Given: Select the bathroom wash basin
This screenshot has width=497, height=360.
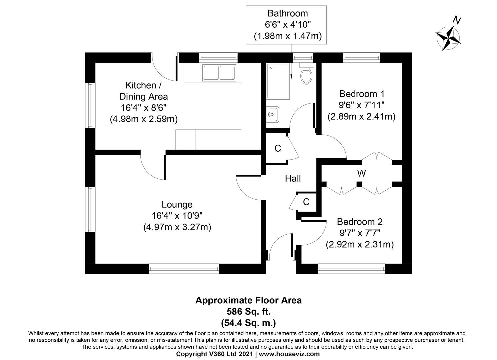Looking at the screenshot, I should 273,115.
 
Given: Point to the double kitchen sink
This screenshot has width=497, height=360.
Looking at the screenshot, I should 219,73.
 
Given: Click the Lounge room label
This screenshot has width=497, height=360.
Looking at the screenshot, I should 177,204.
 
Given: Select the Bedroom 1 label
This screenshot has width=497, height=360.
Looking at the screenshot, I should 361,93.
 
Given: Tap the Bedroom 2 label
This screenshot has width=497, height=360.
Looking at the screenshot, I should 359,222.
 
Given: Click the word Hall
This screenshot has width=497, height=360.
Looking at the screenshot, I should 293,179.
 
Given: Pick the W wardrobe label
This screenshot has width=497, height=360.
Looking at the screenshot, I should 361,173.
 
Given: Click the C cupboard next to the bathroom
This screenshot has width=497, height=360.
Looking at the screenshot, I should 277,148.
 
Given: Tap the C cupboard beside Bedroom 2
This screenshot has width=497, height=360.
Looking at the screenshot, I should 306,202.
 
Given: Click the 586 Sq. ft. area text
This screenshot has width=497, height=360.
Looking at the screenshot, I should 248,312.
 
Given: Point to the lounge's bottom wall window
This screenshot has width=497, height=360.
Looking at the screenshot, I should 184,268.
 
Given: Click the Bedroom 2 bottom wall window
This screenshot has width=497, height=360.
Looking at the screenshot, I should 352,268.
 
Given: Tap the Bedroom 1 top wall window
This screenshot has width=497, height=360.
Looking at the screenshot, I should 362,58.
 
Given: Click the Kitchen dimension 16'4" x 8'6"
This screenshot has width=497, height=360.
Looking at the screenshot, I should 143,108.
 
